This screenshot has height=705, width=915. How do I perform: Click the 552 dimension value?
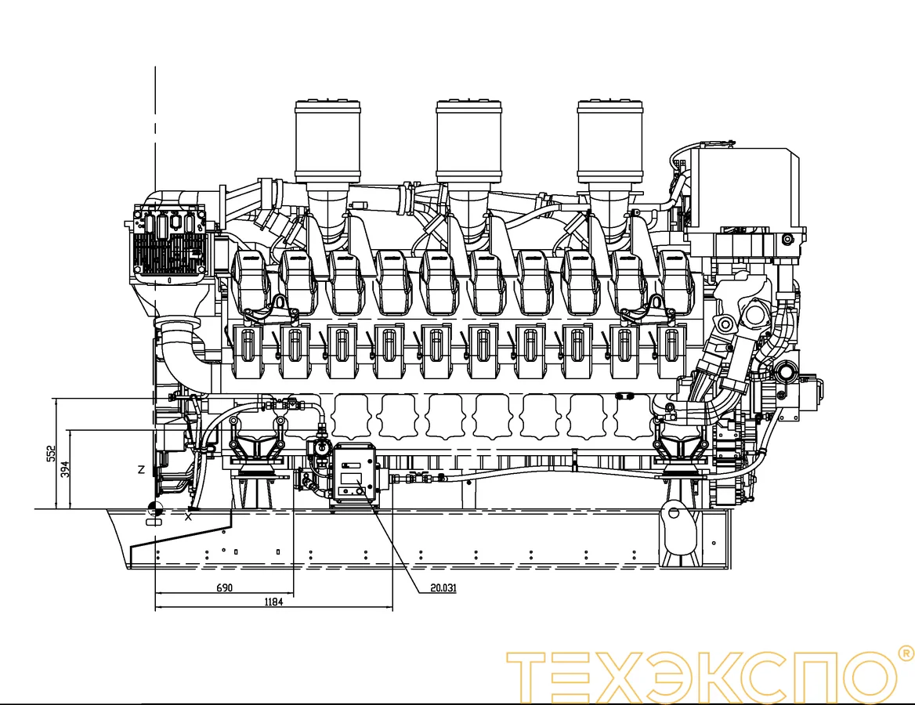tap(51, 454)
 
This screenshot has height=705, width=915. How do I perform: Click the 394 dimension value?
tap(65, 469)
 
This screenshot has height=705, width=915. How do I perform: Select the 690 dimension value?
tap(225, 587)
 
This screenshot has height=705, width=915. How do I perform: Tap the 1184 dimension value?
tap(273, 602)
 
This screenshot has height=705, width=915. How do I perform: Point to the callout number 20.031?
tap(443, 587)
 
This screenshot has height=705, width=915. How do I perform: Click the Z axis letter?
tap(141, 469)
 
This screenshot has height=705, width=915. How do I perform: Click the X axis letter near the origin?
tap(188, 517)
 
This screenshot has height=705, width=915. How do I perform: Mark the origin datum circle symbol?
tap(155, 508)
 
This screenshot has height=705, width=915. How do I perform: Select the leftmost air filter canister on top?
tap(327, 141)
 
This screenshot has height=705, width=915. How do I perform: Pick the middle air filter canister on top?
tap(469, 141)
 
